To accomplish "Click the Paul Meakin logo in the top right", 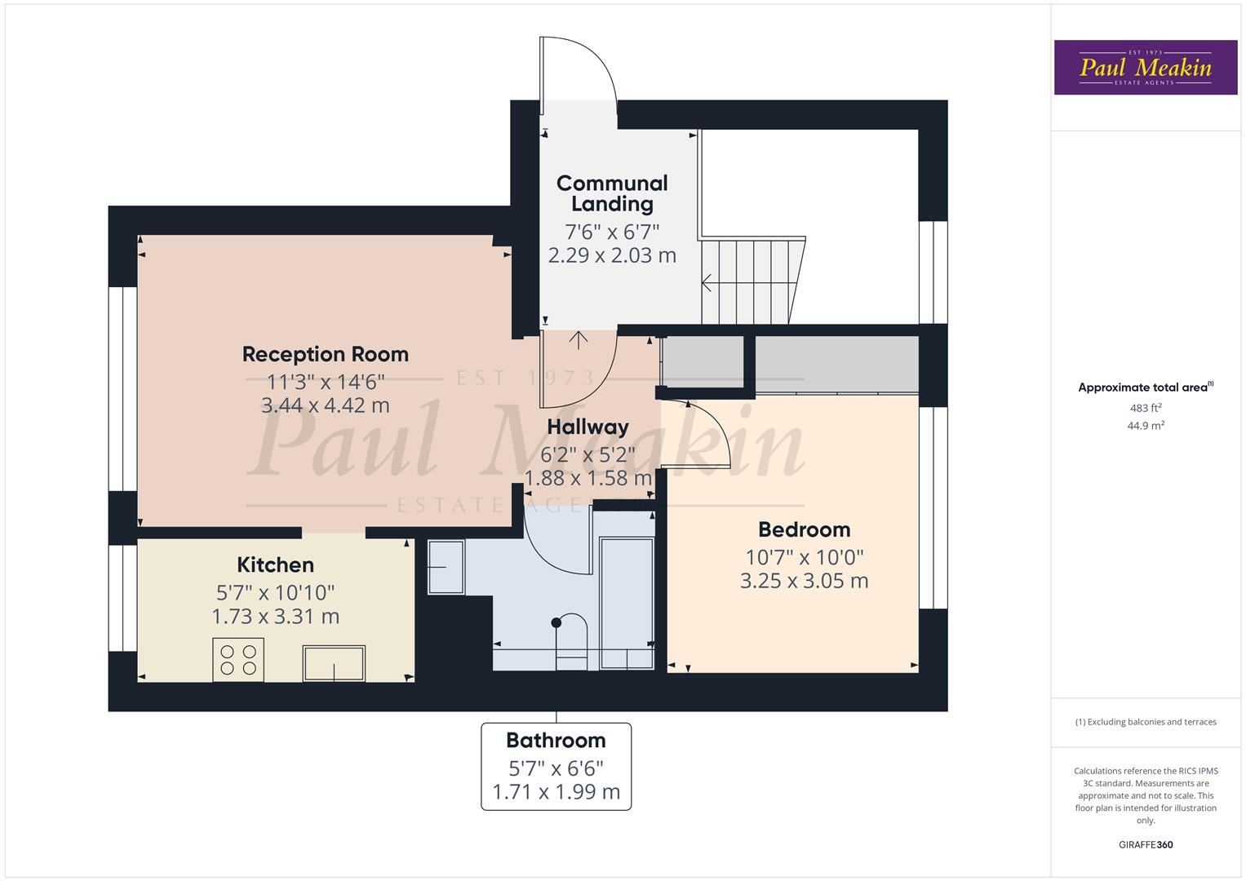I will (1145, 68).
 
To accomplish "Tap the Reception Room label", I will (325, 354).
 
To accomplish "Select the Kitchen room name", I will (275, 564).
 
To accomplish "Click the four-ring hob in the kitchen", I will (238, 659).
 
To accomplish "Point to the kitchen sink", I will (334, 662).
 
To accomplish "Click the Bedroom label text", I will (804, 529).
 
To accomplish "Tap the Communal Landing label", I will (612, 193).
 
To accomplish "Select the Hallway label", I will (588, 427).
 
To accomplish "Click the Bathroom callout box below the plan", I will (556, 766).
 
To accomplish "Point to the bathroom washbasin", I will (445, 567).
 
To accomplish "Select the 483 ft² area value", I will (1145, 408).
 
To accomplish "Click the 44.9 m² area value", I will (1145, 425).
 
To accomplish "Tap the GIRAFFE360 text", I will (1145, 844).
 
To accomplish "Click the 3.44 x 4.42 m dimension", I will (325, 405).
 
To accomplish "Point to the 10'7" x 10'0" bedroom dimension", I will (804, 557).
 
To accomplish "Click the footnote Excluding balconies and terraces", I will (1145, 722).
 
